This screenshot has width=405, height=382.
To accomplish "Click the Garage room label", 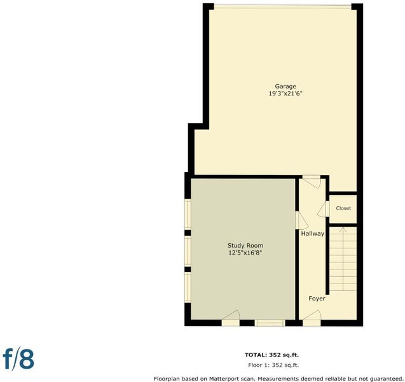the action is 285,87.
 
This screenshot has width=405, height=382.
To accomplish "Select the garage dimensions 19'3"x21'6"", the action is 285,94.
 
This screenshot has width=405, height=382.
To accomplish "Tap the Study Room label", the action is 245,246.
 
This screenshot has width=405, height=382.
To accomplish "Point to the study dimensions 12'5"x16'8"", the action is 245,252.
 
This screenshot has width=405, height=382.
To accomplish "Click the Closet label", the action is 343,208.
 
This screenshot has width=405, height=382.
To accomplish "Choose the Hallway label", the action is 313,234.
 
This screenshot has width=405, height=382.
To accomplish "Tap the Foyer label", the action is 317,299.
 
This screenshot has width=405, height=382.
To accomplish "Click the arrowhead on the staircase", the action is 343,229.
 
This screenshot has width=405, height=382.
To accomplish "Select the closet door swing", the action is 323,209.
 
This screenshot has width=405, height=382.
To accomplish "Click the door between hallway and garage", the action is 312,182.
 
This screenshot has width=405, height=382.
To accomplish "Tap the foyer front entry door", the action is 312,318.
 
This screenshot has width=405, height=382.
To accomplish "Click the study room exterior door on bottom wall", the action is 231,318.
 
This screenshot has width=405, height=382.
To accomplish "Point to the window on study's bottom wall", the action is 270,323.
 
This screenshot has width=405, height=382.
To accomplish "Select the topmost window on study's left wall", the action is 188,215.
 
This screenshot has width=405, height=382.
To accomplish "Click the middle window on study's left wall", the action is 188,251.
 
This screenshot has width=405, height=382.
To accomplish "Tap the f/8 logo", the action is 18,360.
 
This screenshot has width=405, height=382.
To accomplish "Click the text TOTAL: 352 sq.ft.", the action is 271,355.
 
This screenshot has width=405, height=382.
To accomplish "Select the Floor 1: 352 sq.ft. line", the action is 273,365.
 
